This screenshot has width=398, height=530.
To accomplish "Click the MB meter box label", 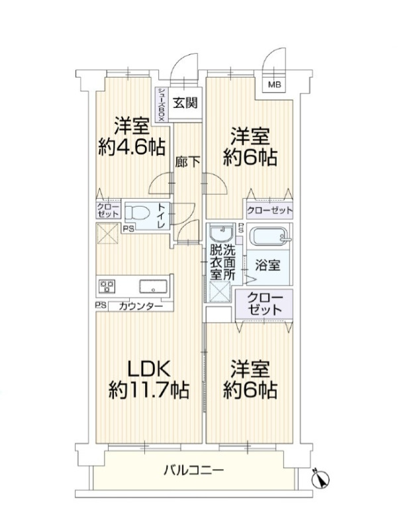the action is coord(274,85).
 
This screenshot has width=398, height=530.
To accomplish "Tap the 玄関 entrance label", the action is coord(185,102).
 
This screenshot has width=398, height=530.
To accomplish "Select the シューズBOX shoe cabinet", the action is coord(162,105).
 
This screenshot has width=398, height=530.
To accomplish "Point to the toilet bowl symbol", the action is coord(137,213).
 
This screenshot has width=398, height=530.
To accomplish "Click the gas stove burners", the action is coord(107,287).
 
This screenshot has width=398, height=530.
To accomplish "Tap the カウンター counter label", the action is coord(141,307).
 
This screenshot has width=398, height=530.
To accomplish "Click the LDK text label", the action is coord(148,369).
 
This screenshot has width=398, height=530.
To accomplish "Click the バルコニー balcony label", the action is coord(193,470).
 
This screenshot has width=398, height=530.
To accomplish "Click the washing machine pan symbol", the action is coord(219,291).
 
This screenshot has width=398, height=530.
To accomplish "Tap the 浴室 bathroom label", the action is coord(268,266).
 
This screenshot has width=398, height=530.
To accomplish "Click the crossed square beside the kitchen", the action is coord(108,233).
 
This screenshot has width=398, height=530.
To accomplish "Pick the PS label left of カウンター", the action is coord(101,305).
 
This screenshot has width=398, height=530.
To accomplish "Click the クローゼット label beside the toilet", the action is coord(108,210).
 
